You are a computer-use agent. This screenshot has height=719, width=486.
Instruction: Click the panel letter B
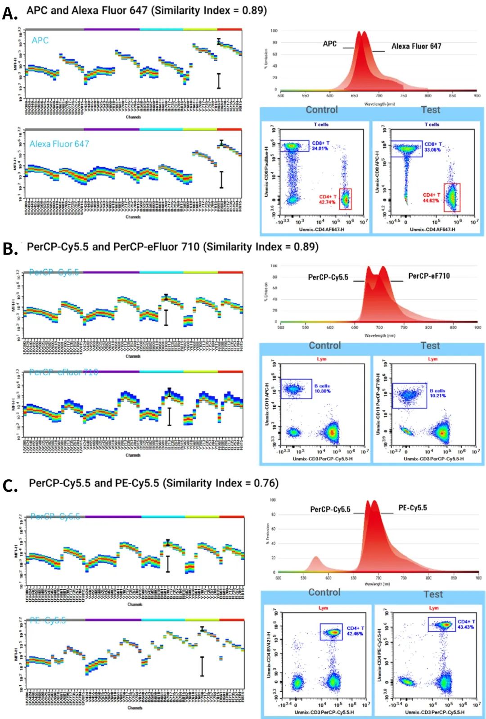pos(10,248)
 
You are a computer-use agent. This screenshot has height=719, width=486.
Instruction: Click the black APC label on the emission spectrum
pos(329,44)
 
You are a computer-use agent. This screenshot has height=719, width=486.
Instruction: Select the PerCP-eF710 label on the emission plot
pos(428,276)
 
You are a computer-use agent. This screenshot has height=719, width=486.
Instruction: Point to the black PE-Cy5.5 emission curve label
pos(412,508)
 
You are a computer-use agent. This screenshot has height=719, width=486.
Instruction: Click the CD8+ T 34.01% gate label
pos(320,145)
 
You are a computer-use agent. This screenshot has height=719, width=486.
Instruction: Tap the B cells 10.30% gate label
pos(322,388)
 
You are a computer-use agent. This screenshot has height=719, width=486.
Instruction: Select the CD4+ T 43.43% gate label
pos(466,624)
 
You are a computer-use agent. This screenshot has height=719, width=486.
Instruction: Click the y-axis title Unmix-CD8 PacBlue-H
pos(267,171)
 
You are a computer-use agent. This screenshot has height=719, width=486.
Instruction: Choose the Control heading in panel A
pos(321,110)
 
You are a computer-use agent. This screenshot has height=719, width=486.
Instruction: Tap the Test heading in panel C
pos(433,594)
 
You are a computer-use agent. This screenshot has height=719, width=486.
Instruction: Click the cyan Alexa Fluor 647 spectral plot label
pos(59,144)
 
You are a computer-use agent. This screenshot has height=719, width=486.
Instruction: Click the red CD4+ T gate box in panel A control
pos(345,199)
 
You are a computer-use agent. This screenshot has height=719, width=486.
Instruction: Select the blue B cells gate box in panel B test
pos(409,395)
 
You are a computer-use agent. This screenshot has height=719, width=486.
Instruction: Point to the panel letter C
pos(10,486)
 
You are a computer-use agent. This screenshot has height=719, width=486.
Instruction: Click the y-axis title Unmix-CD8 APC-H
pos(378,171)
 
